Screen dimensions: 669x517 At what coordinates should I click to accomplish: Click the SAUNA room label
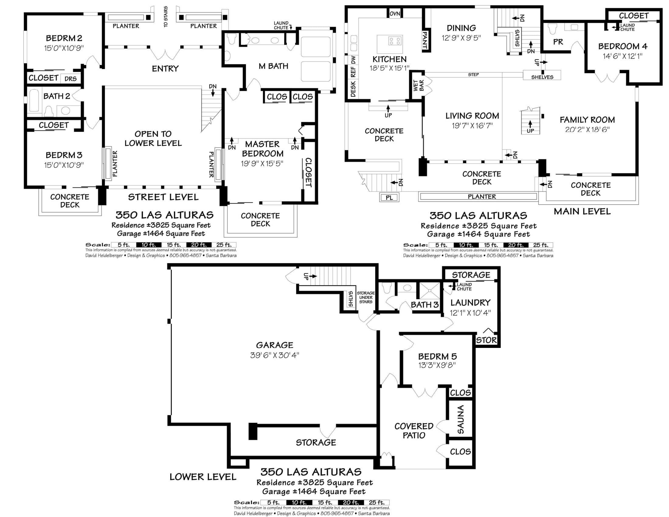(x=460, y=419)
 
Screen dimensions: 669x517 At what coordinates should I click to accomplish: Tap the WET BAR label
(x=418, y=86)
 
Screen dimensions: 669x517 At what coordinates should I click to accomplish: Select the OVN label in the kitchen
(x=395, y=14)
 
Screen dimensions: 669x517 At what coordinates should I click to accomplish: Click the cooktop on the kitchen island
(x=395, y=41)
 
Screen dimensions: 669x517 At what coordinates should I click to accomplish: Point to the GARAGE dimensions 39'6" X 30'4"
(x=275, y=355)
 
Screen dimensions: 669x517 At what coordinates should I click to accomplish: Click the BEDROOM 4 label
(x=623, y=46)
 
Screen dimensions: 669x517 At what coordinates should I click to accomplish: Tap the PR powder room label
(x=558, y=42)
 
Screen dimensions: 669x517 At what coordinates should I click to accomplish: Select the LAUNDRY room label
(x=470, y=303)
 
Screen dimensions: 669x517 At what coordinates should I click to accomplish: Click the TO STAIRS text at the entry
(x=166, y=16)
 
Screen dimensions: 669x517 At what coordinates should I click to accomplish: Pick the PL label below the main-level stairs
(x=389, y=198)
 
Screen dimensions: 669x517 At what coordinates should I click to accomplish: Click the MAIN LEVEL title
(x=582, y=211)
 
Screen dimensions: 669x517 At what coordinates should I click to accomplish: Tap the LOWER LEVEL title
(x=203, y=477)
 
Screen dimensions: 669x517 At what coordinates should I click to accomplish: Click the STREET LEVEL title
(x=163, y=197)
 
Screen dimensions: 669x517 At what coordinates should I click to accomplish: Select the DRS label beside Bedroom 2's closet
(x=71, y=79)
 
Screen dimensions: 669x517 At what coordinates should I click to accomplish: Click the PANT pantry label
(x=425, y=40)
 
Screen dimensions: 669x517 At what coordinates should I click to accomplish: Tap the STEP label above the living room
(x=473, y=75)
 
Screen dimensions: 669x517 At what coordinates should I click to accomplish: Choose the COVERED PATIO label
(x=414, y=431)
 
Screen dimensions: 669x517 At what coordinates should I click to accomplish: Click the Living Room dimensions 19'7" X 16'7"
(x=472, y=126)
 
